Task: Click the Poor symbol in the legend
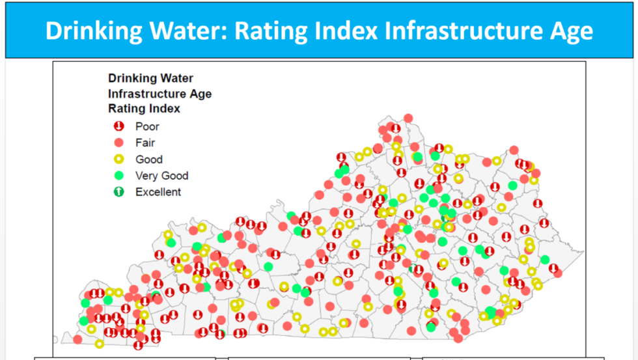(x=118, y=126)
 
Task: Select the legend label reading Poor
(x=147, y=126)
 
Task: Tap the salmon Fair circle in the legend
(x=118, y=143)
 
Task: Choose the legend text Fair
(x=145, y=143)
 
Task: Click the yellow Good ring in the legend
(x=118, y=159)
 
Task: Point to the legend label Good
(x=149, y=159)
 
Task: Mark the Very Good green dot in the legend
(x=118, y=175)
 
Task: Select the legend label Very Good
(x=161, y=175)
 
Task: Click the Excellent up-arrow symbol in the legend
(x=118, y=191)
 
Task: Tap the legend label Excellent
(x=158, y=191)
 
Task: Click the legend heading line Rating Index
(x=144, y=109)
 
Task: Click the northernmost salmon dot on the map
(x=408, y=118)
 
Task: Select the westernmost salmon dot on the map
(x=77, y=339)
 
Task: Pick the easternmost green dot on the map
(x=545, y=260)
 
